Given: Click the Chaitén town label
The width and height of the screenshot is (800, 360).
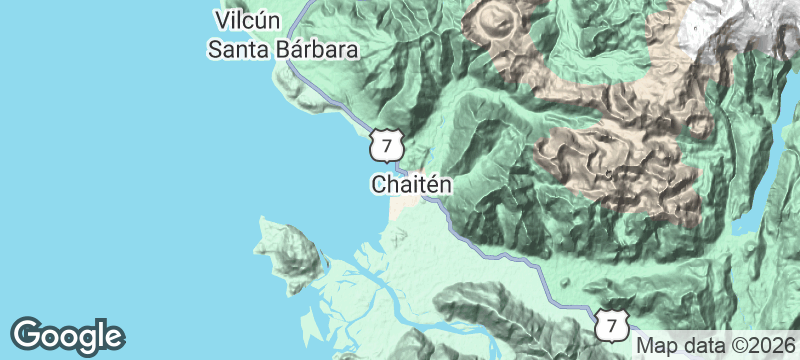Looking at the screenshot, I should (411, 185).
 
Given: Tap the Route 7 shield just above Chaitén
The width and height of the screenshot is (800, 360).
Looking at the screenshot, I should (385, 144).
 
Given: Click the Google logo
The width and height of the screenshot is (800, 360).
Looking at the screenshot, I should (67, 335).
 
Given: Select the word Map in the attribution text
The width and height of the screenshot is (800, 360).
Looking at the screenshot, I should (653, 343).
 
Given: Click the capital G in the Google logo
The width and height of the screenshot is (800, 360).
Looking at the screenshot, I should (27, 334).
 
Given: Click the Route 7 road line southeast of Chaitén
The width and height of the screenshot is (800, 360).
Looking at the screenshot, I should (500, 258).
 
